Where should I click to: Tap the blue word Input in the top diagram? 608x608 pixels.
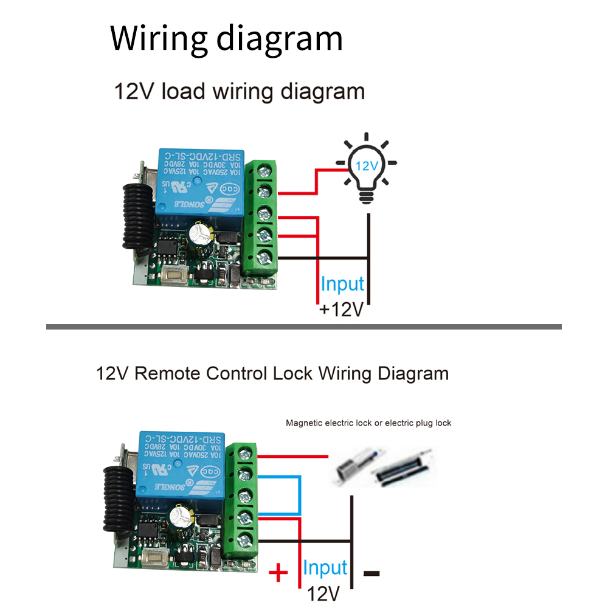(x=342, y=284)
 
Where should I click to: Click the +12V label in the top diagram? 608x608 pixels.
(x=342, y=309)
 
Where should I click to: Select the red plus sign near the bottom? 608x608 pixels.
(x=278, y=572)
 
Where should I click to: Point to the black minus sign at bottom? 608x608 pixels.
(x=371, y=573)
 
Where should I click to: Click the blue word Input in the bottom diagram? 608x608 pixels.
(x=325, y=568)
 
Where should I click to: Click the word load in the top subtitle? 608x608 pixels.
(x=181, y=92)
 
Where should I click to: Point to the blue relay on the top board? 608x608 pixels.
(x=201, y=179)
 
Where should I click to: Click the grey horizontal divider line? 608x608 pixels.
(x=304, y=327)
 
